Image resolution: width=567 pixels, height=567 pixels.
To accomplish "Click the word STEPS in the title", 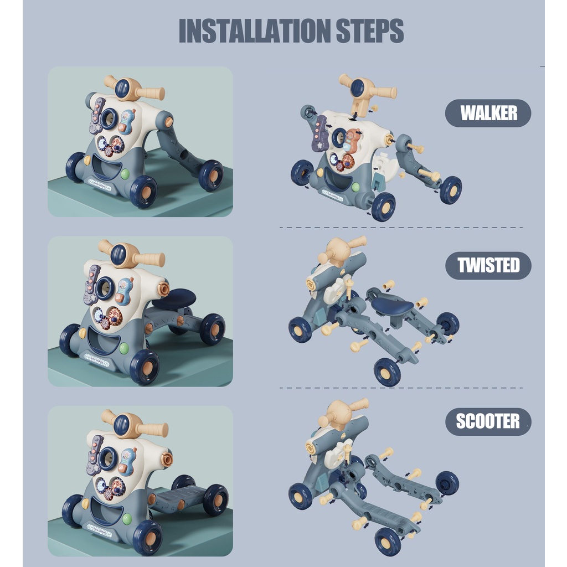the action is (x=370, y=31).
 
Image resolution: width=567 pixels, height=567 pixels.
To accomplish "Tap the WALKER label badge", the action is (x=488, y=113).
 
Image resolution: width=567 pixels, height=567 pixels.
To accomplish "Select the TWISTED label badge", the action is (x=488, y=265).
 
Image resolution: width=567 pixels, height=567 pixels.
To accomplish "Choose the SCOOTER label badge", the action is (x=488, y=421).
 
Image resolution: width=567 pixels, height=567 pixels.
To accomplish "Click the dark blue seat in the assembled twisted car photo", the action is (x=174, y=298).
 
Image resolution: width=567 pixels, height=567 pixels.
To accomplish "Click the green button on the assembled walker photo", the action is (x=125, y=174).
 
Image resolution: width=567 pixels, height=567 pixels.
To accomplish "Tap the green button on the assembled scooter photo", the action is (x=127, y=519).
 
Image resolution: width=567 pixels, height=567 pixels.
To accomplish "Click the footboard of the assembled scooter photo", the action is (x=177, y=497).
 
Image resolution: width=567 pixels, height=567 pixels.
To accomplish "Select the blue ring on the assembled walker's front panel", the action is (x=109, y=118).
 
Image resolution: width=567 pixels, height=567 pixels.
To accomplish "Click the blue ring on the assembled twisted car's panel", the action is (x=105, y=288).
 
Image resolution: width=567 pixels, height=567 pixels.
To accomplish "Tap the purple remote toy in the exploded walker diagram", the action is (x=319, y=133).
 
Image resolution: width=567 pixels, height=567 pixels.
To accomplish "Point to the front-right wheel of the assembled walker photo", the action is (x=143, y=192).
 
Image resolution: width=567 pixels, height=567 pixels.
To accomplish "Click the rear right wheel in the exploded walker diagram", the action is (x=451, y=190).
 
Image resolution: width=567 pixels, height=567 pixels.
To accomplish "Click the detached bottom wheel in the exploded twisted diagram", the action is (x=387, y=373).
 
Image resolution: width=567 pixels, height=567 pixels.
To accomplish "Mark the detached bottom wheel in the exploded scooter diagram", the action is (x=388, y=542).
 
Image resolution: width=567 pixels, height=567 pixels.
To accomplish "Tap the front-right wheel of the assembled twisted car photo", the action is (x=145, y=367).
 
